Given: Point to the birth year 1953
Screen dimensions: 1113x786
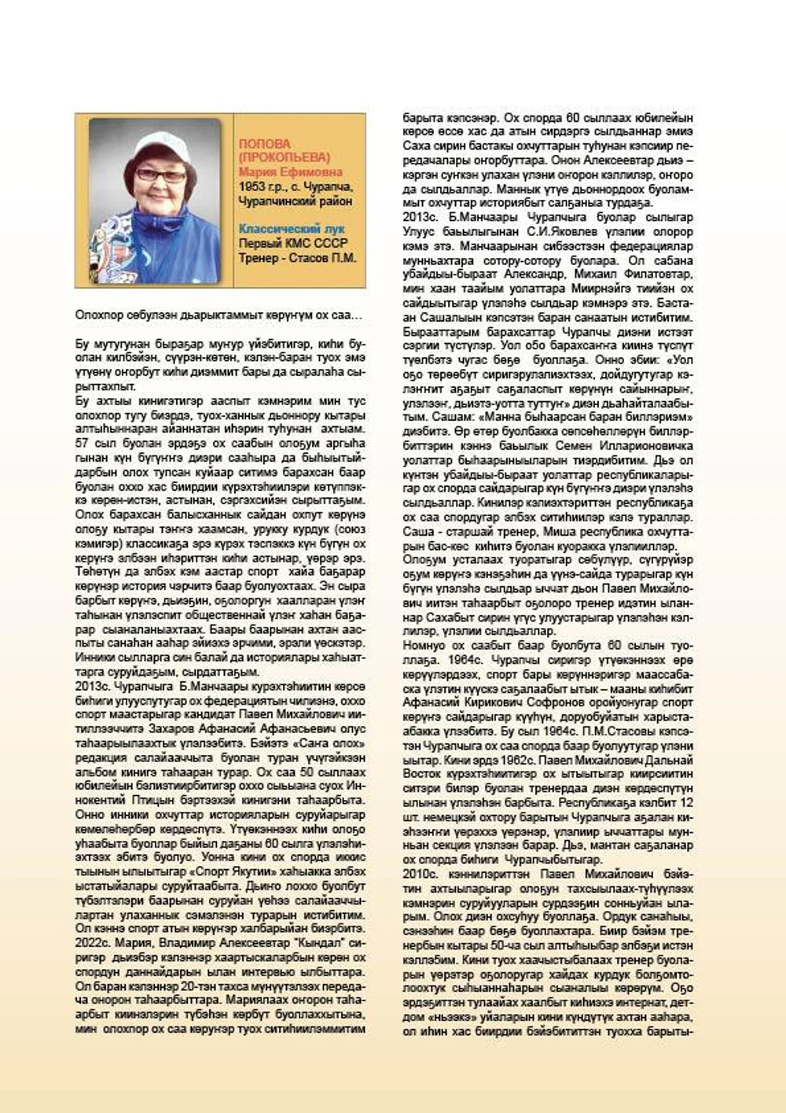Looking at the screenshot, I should (x=253, y=187).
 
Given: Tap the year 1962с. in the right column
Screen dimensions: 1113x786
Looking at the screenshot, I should (x=545, y=760).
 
